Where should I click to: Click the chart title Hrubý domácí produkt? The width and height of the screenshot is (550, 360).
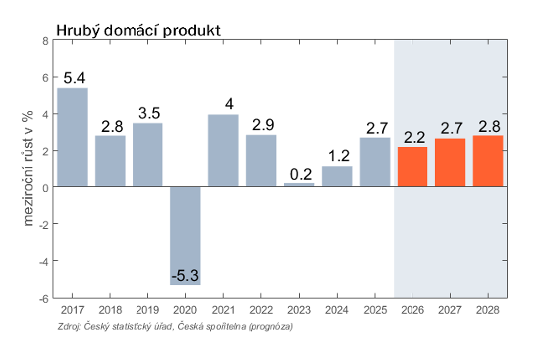[x=138, y=31]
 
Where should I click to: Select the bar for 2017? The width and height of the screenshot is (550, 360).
[x=73, y=137]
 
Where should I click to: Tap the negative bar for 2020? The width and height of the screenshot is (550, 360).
[x=185, y=235]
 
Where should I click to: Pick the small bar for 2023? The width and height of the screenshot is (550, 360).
[x=299, y=184]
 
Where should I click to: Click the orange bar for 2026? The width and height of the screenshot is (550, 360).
[x=412, y=167]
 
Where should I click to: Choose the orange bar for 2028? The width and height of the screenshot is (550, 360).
[x=488, y=161]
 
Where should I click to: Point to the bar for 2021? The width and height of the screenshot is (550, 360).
[x=223, y=151]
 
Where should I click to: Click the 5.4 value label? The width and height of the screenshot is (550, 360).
[x=74, y=78]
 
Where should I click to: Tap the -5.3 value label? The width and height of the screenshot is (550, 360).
[x=185, y=276]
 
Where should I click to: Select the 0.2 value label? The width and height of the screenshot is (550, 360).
[x=301, y=175]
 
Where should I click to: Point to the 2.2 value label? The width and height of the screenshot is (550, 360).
[x=414, y=138]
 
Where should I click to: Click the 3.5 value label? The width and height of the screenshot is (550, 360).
[x=149, y=113]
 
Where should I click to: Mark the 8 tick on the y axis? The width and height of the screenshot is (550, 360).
[x=45, y=41]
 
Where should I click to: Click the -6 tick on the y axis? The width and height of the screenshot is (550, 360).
[x=43, y=299]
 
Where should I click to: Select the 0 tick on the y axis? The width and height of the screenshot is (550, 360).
[x=45, y=188]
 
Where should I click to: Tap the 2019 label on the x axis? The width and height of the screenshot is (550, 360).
[x=147, y=310]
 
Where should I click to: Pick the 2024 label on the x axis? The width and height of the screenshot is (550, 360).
[x=337, y=310]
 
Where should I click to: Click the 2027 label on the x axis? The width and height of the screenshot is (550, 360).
[x=450, y=310]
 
